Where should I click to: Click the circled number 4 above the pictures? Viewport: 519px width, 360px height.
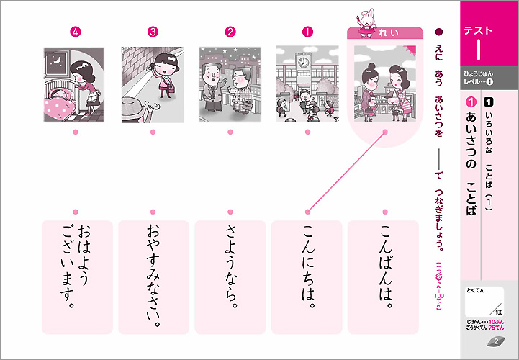(76, 32)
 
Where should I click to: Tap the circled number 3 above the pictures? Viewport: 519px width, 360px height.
(153, 32)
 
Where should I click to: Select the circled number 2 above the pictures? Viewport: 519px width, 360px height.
(230, 32)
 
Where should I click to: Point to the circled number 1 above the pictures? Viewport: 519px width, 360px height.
(307, 32)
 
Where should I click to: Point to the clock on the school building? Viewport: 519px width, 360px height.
(304, 63)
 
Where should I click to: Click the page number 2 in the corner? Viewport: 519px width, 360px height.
(496, 341)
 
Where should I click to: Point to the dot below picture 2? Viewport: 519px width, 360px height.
(230, 132)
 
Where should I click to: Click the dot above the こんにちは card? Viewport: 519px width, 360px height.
(307, 212)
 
